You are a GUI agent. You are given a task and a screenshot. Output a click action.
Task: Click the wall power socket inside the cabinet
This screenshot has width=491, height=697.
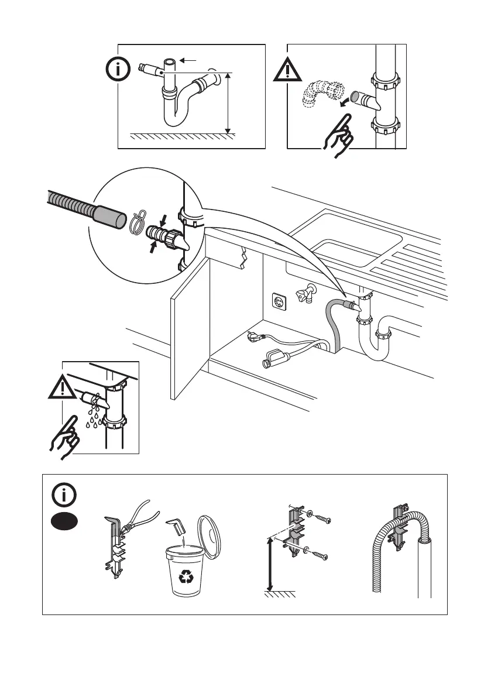[x=277, y=301]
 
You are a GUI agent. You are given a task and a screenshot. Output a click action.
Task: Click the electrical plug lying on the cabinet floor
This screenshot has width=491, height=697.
[x=257, y=339]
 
